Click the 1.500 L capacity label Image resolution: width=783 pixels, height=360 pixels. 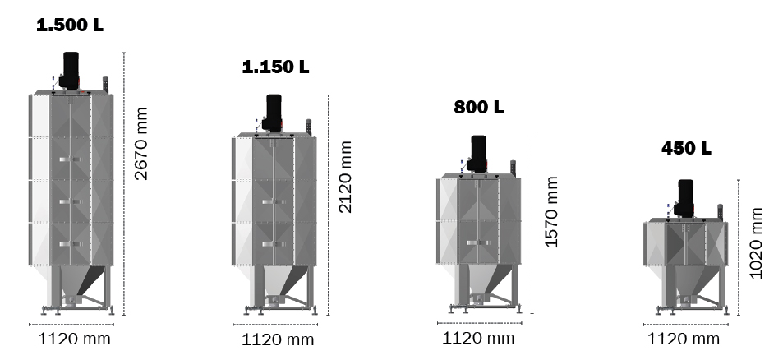pos(70,25)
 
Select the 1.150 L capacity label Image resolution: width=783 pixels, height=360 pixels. pos(275,67)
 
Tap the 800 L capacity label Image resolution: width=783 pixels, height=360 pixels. pos(478,108)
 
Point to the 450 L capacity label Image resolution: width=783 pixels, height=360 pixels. pos(686,149)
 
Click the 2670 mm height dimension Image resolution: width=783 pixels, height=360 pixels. pos(141,144)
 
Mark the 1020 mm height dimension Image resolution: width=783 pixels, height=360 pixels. pos(756,243)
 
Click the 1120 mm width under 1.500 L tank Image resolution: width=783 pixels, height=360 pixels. pos(76,338)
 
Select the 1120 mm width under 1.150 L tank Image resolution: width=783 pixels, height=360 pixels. pos(278,339)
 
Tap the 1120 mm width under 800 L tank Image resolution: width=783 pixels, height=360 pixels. pos(478,337)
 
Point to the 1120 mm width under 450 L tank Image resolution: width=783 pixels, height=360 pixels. pos(684,338)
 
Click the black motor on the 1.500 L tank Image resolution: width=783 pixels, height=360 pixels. pos(71,69)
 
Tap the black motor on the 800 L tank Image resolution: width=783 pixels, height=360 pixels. pos(477,153)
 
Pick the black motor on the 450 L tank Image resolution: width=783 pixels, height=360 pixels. pos(684,197)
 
